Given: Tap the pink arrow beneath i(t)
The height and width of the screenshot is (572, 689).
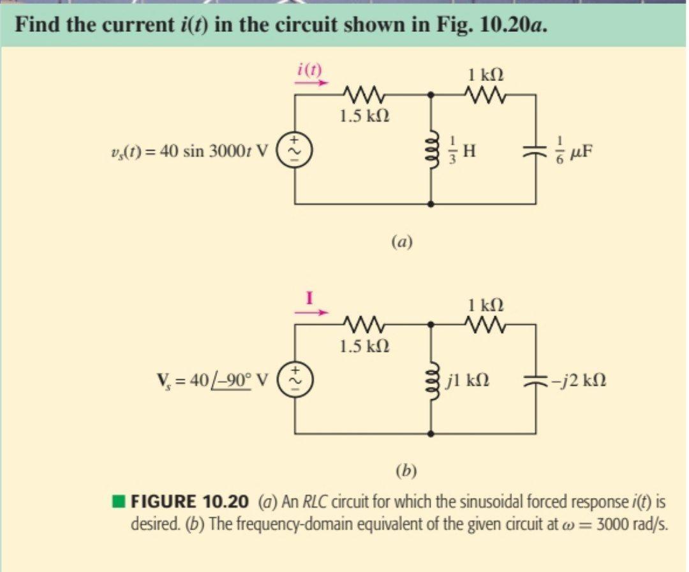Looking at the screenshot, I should point(313,82).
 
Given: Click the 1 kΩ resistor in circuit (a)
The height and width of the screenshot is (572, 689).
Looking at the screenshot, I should point(486,95).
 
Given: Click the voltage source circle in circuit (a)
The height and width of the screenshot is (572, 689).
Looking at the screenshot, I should point(295,150).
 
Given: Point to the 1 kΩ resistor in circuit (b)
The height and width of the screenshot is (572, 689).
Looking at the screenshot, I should point(486,325).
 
